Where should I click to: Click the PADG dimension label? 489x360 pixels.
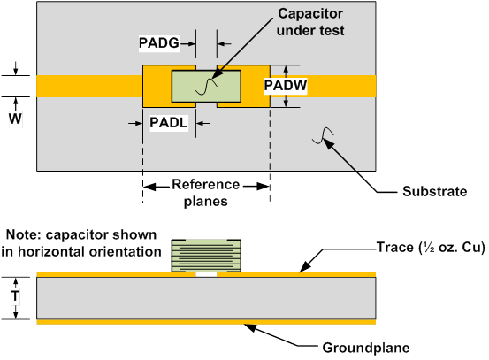point(159,43)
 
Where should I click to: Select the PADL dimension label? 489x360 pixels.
point(169,123)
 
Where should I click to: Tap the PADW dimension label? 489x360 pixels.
point(286,85)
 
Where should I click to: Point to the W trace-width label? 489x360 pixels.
point(15,119)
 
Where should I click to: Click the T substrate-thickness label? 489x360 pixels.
point(15,295)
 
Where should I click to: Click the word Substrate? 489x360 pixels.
point(435,191)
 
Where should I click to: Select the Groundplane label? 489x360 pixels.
point(366,348)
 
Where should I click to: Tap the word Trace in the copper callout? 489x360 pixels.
point(395,247)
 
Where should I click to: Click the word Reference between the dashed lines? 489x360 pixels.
point(206,184)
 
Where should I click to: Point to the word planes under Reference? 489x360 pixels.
point(206,201)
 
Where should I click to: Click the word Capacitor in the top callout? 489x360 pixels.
point(310,14)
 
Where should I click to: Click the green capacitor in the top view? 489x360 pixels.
point(206,86)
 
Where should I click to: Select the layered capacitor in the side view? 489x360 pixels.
point(206,256)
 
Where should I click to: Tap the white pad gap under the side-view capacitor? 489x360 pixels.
point(206,274)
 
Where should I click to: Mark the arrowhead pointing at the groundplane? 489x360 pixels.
point(250,327)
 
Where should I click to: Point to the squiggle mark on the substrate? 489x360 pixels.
point(323,135)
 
